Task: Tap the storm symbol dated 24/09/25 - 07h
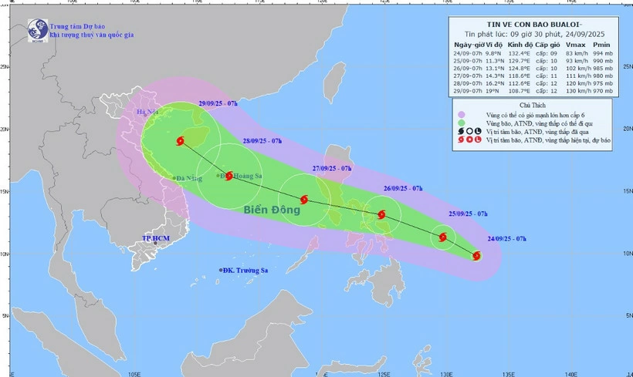[476, 255]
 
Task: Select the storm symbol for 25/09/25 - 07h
[443, 237]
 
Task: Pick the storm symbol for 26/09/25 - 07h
[381, 215]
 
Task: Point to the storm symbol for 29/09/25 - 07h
[181, 141]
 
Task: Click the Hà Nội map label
[146, 113]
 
